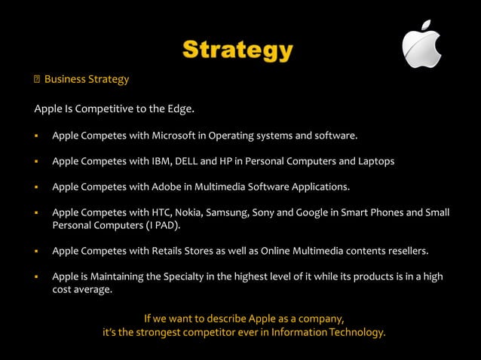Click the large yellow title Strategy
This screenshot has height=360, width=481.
tap(237, 50)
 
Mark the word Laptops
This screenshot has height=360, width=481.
tap(372, 161)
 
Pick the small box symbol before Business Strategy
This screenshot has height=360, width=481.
tap(36, 80)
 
